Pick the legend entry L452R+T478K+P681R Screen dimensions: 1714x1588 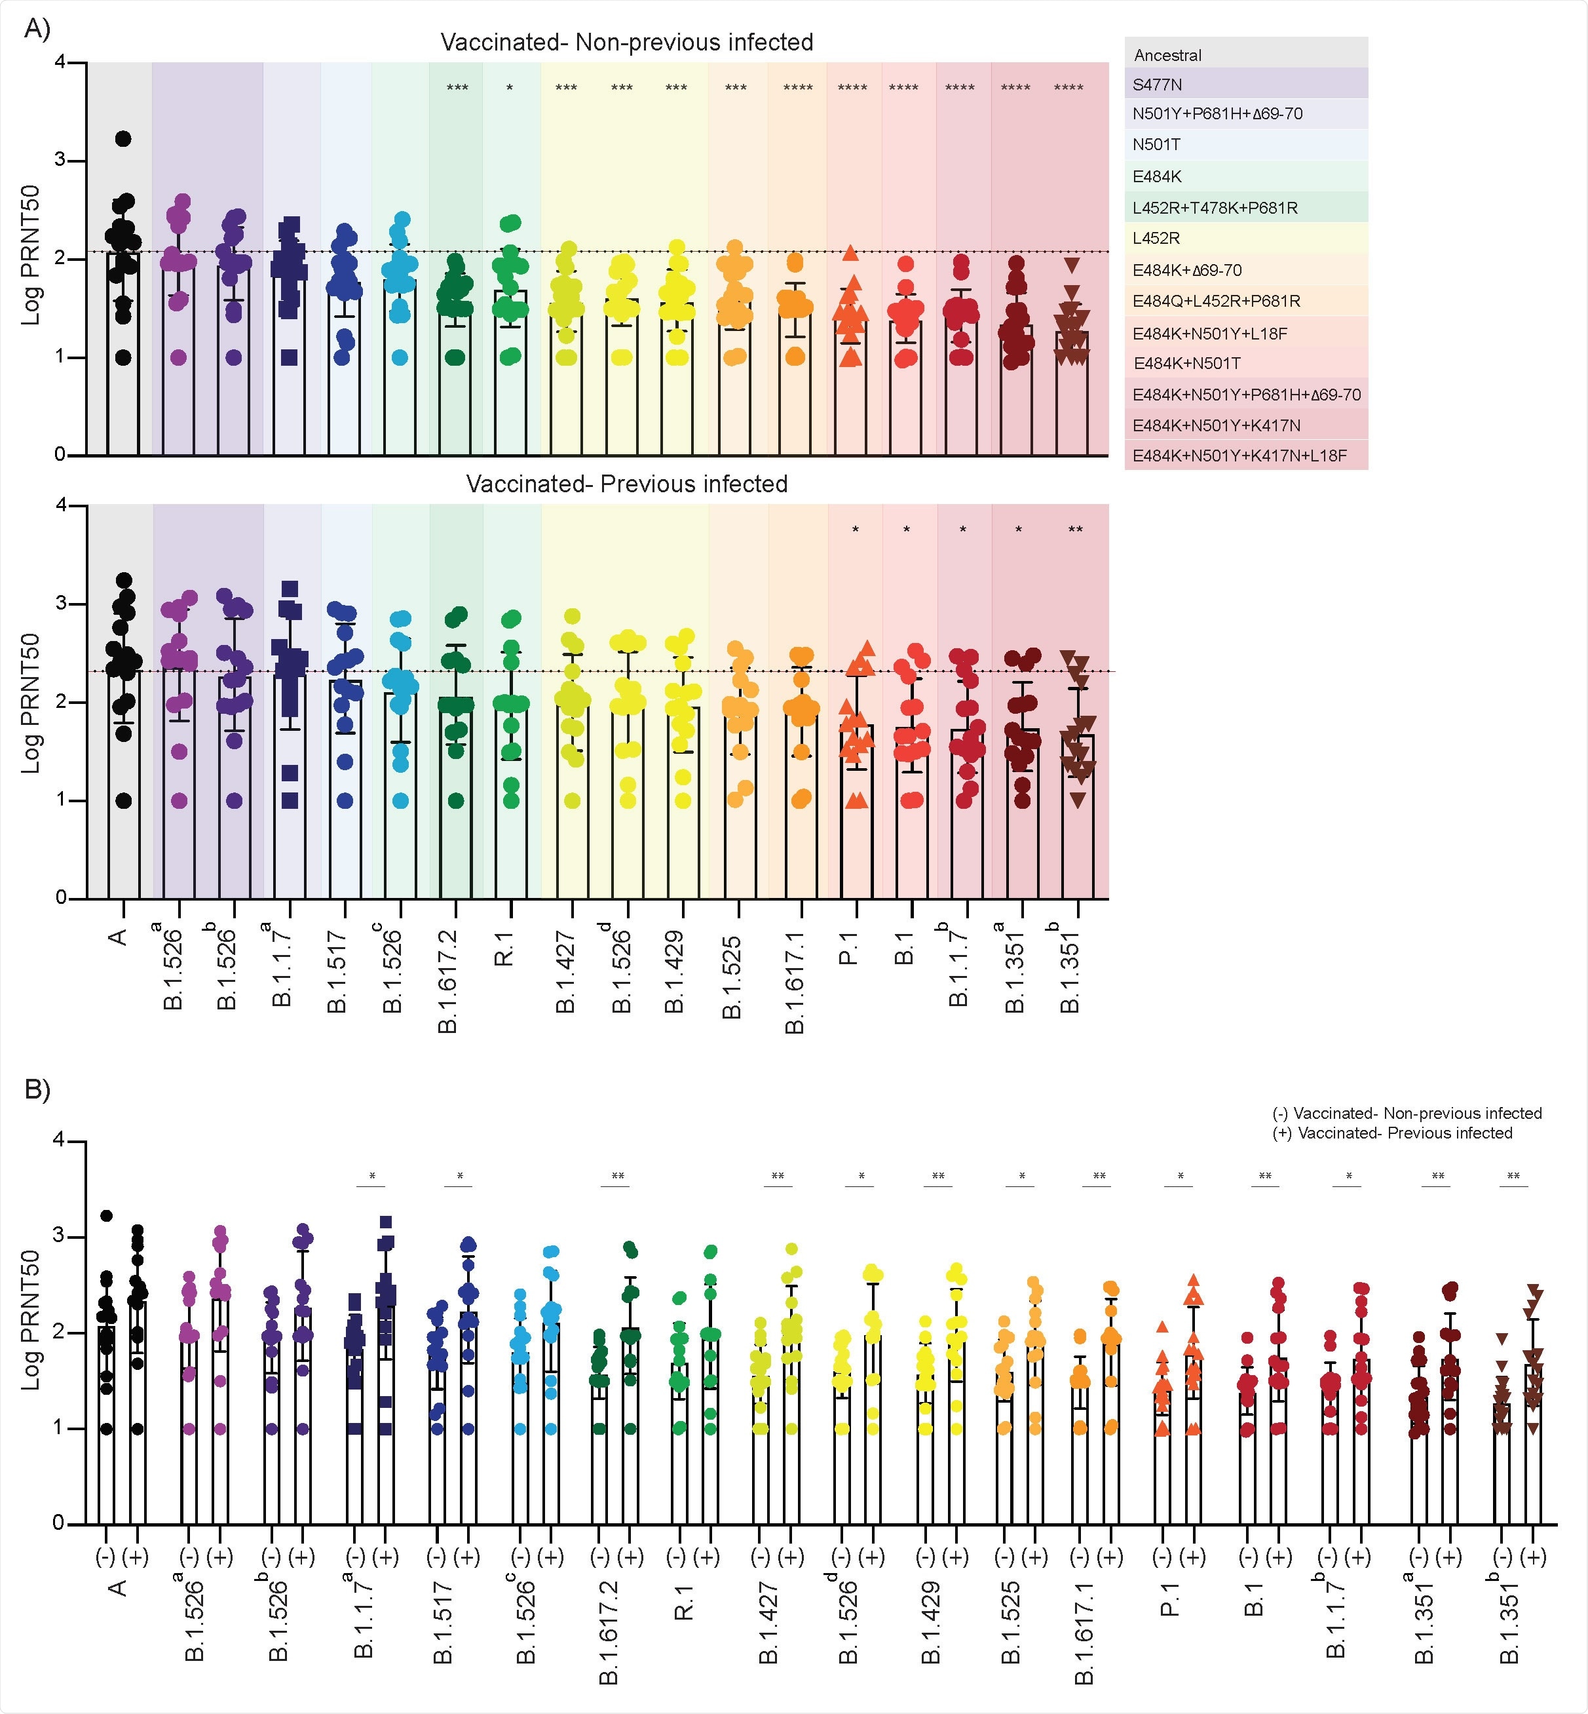pos(1214,207)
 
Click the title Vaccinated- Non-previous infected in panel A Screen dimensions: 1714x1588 pos(626,42)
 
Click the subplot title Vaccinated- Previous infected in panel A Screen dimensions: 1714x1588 pos(626,484)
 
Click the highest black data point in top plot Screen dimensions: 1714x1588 pos(123,138)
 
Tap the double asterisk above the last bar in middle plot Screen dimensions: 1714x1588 pos(1075,530)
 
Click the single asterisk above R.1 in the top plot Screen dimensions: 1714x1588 pos(510,88)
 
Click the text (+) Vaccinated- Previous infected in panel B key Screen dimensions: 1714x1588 pos(1392,1133)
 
